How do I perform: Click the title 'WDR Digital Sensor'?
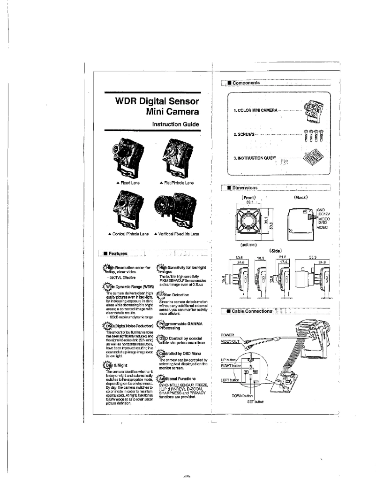coord(158,101)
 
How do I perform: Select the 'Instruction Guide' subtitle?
coord(176,124)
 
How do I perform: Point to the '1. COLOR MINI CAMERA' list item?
coord(256,110)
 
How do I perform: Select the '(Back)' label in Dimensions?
coord(301,197)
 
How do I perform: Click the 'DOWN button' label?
coord(242,396)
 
